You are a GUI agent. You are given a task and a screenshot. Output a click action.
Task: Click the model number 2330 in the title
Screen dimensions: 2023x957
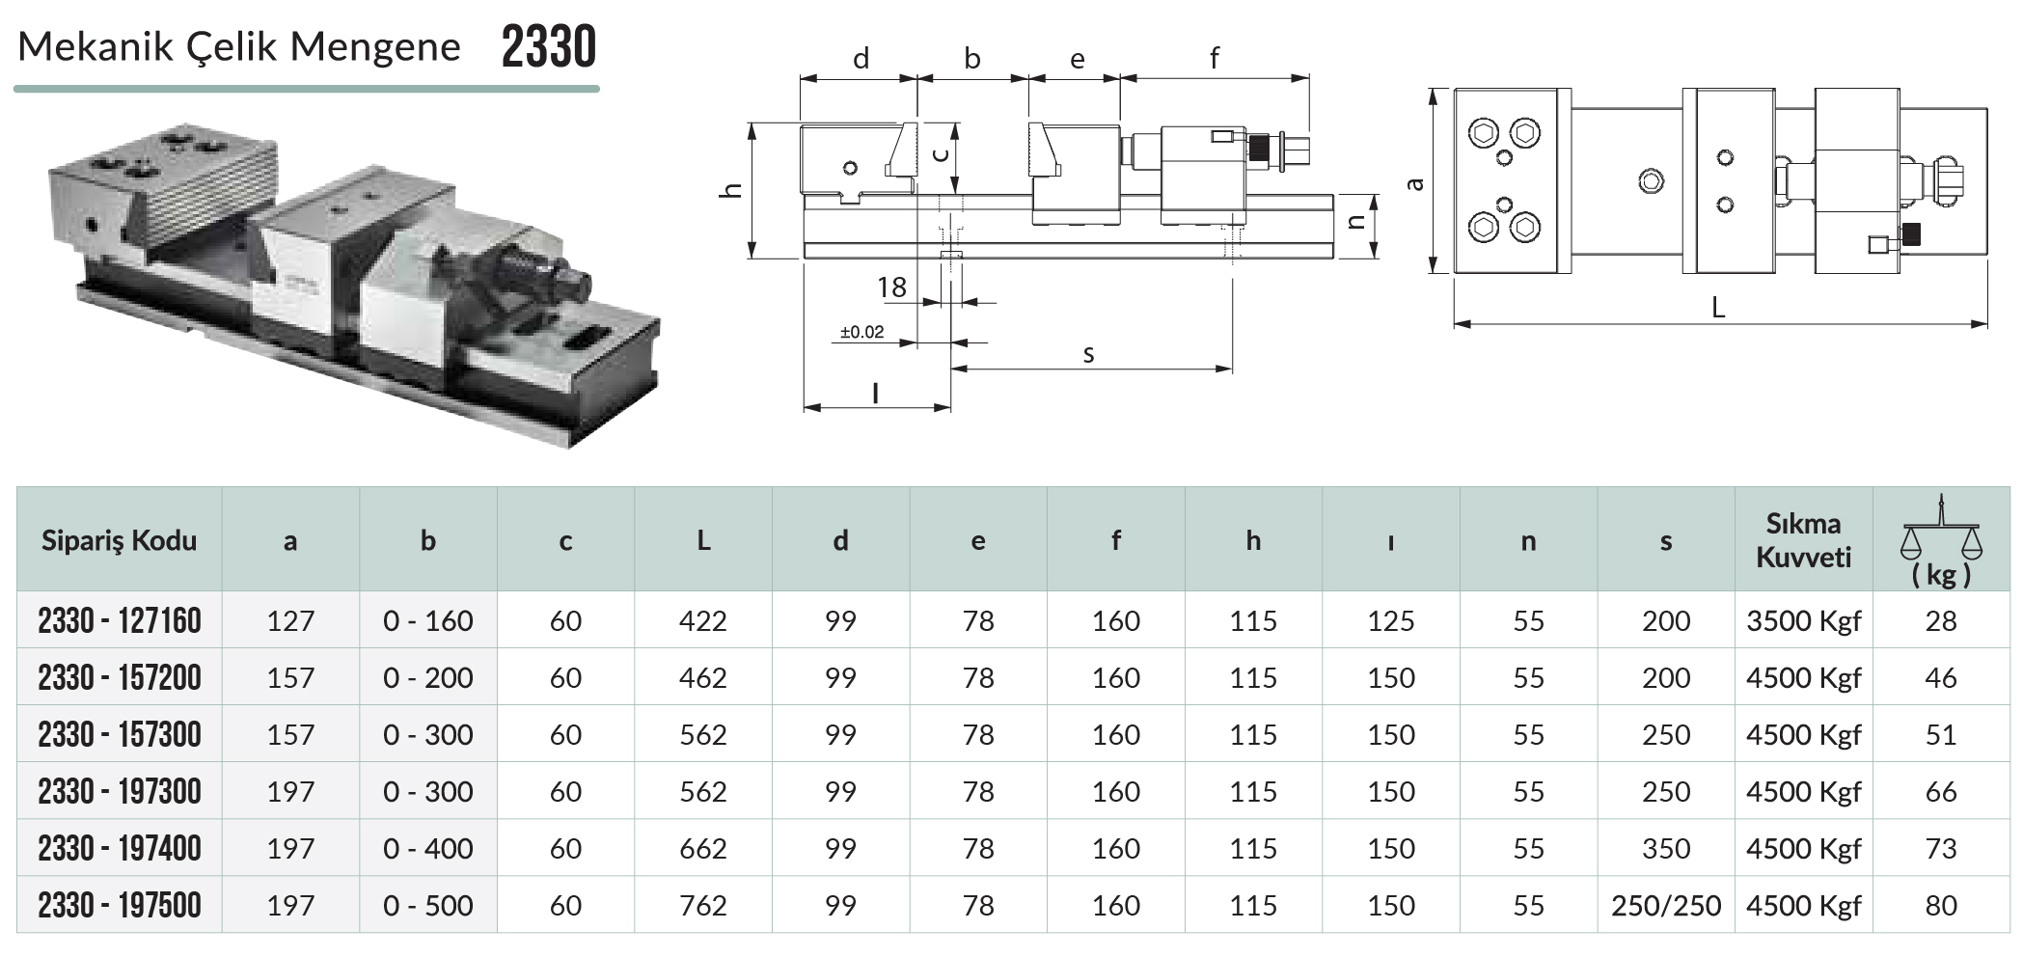[549, 46]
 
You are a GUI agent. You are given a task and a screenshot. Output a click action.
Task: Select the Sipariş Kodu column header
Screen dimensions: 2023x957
[119, 540]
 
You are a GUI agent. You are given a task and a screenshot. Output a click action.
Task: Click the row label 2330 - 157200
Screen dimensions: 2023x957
[120, 677]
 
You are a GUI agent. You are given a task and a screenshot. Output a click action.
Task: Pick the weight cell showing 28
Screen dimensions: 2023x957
[1940, 620]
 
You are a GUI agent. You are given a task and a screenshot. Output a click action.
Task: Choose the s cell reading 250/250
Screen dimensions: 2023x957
[1666, 905]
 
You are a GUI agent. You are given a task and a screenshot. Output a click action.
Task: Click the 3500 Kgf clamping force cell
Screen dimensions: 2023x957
[1803, 621]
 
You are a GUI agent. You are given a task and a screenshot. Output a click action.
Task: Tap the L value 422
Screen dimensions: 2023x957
[702, 620]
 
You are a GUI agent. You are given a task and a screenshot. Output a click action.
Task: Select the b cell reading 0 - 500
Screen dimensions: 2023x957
[427, 905]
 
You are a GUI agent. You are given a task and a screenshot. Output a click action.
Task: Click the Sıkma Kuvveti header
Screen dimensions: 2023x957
[1803, 540]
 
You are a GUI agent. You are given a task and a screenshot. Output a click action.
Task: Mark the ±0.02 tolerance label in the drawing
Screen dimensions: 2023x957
[861, 332]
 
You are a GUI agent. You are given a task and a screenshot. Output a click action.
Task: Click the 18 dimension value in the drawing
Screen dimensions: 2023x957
[891, 287]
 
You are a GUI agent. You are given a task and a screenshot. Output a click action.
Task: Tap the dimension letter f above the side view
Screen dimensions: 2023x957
[1214, 59]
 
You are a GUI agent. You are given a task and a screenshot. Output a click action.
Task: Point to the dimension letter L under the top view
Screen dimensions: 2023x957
[1717, 308]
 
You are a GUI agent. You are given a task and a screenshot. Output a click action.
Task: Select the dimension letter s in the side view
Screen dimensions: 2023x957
[1088, 355]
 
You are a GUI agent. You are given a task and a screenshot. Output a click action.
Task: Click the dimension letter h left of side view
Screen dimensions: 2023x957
[732, 189]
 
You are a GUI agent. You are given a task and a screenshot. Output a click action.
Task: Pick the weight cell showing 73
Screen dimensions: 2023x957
[1940, 848]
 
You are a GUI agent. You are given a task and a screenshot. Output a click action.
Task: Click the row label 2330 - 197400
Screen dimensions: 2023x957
[120, 848]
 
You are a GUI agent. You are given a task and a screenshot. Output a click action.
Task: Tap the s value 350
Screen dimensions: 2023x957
[1666, 848]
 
